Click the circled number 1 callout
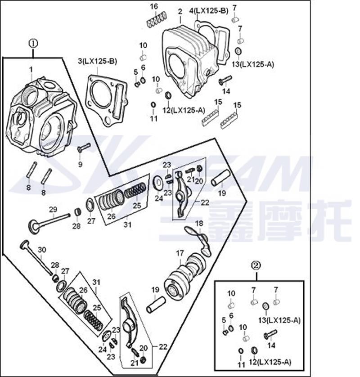(33, 44)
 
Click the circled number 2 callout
(256, 266)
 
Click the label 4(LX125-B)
(209, 10)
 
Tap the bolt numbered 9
(84, 147)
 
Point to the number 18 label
(198, 223)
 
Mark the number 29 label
(53, 209)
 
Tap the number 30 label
(42, 250)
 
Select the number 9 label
(80, 164)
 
